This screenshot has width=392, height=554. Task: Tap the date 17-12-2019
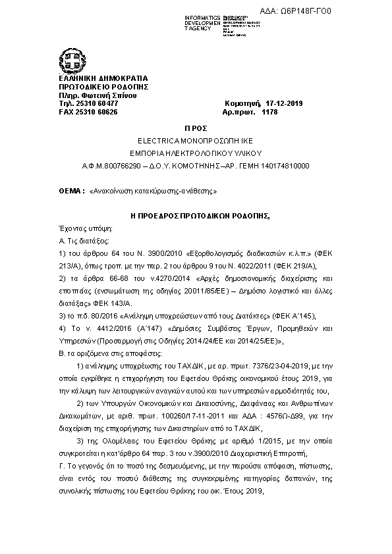[283, 104]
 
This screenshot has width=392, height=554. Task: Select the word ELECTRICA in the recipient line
[157, 141]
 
